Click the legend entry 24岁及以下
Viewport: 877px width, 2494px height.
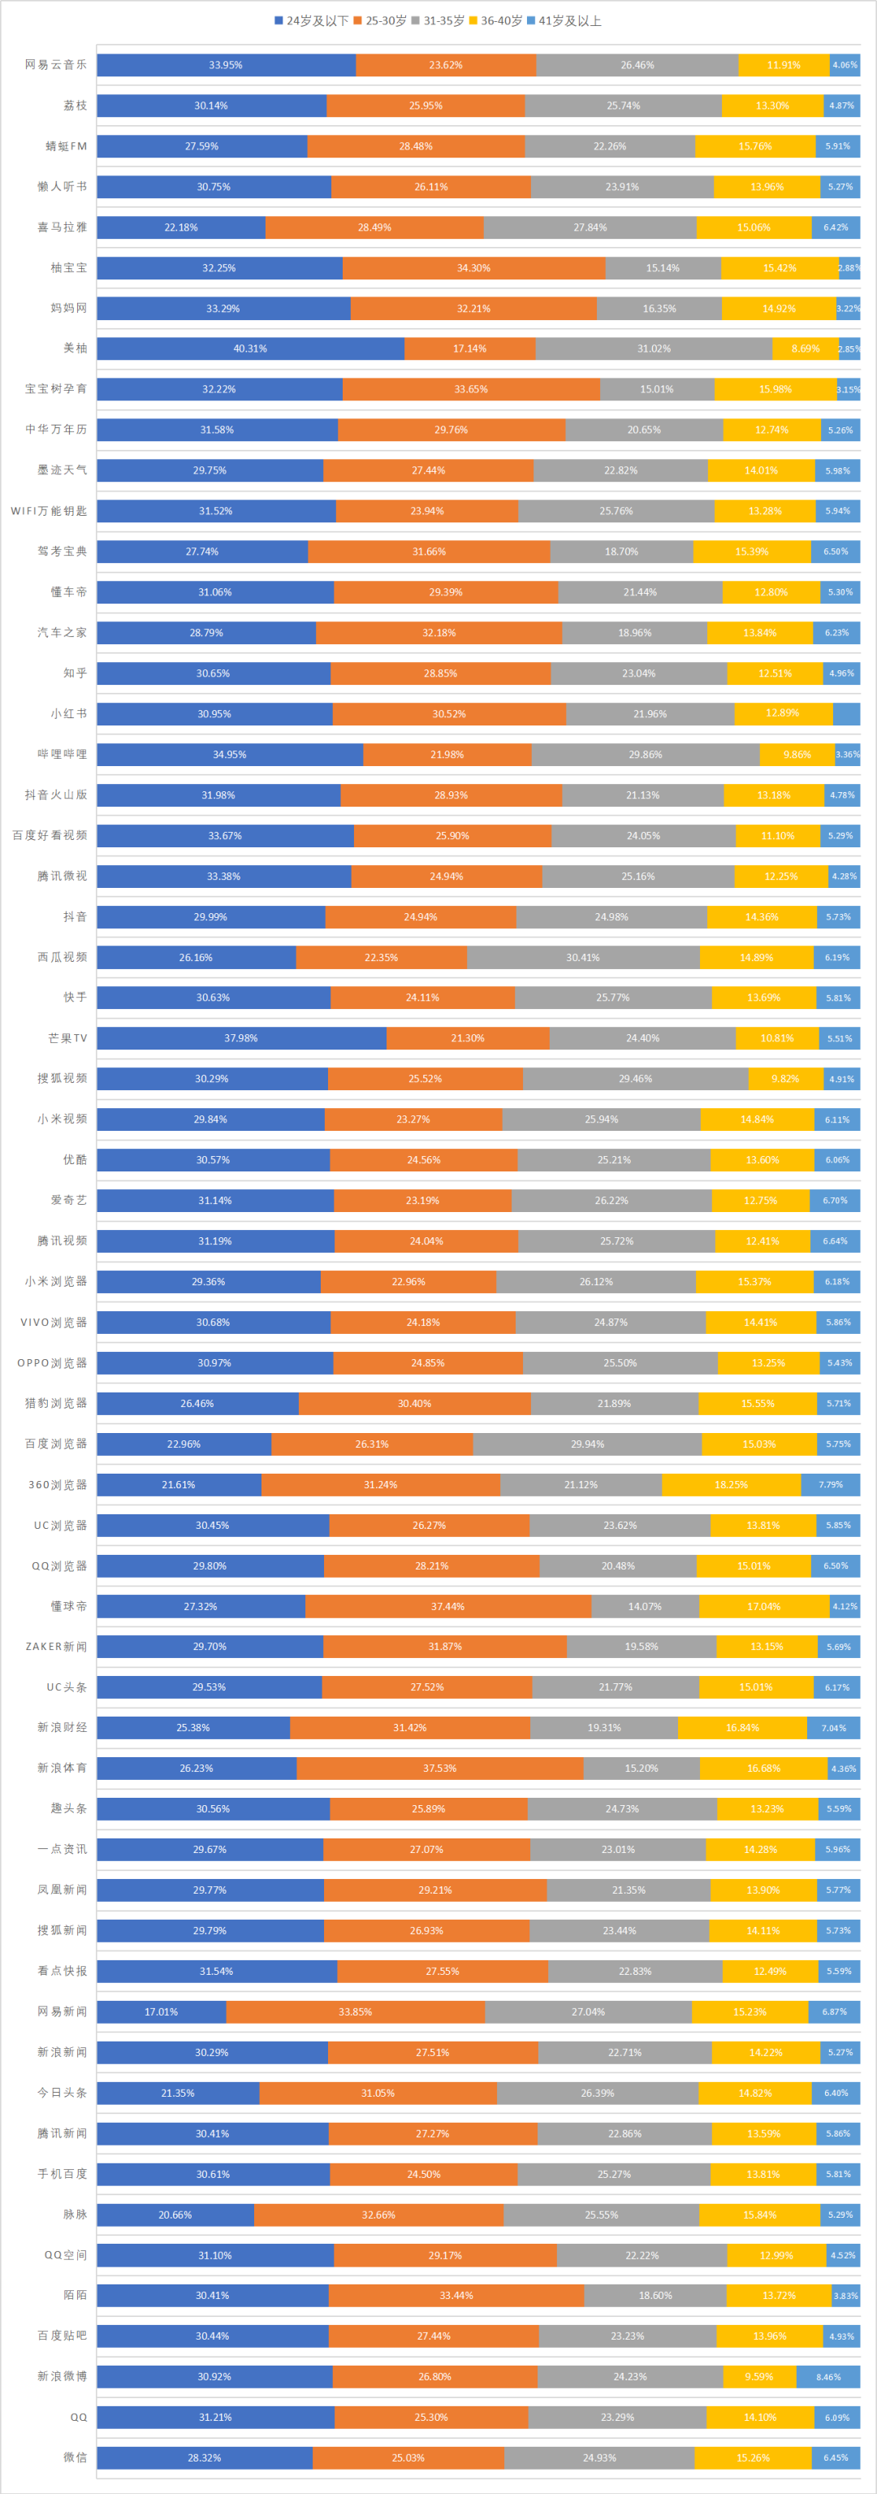tap(311, 20)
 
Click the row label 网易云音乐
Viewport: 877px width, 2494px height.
tap(56, 65)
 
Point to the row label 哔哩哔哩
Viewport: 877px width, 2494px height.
tap(62, 754)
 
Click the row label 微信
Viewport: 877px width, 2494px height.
tap(75, 2457)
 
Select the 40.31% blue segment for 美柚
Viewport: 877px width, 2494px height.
tap(250, 349)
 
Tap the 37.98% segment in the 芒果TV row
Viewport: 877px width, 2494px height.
tap(241, 1038)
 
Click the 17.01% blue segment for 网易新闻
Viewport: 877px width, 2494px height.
tap(161, 2011)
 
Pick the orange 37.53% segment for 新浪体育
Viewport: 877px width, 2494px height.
tap(439, 1768)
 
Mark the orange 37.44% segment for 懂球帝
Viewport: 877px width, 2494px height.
tap(447, 1606)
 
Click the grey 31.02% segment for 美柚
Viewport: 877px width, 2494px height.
tap(654, 349)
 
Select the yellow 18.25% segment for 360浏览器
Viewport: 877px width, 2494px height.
tap(731, 1484)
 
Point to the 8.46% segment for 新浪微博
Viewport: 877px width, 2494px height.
tap(827, 2377)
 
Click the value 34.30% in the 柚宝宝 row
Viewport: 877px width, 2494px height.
tap(473, 268)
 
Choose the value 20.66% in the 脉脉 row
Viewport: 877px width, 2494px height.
tap(175, 2215)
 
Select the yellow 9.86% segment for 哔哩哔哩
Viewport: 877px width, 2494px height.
tap(797, 754)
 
